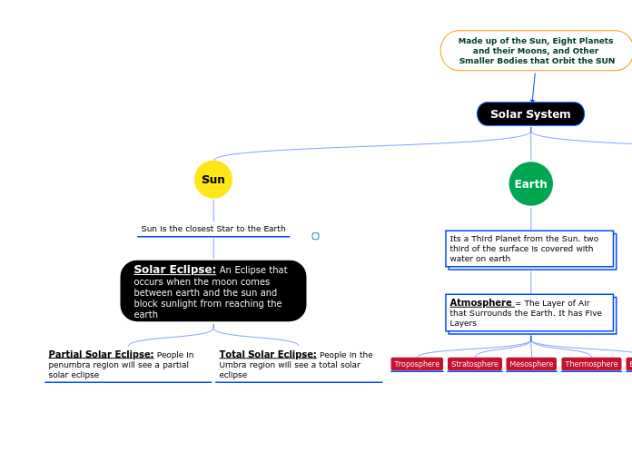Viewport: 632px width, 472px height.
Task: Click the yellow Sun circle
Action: click(x=213, y=180)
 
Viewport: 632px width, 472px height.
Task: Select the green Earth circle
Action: click(x=530, y=184)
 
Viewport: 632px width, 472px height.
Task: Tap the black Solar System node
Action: click(x=530, y=114)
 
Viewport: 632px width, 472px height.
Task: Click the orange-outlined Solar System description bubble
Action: click(x=536, y=51)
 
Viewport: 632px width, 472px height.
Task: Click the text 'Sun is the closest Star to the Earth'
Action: click(x=213, y=229)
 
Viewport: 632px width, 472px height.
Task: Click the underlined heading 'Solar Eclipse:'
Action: click(x=174, y=270)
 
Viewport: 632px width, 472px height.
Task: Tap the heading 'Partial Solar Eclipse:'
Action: click(x=101, y=354)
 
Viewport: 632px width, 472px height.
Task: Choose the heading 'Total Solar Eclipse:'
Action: click(x=268, y=354)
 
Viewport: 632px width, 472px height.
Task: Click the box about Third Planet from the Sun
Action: click(x=529, y=249)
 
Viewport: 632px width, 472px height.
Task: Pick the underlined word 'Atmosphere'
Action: click(x=480, y=302)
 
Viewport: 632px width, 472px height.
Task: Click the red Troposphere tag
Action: click(x=417, y=364)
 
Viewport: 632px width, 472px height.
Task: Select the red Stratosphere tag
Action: click(x=475, y=364)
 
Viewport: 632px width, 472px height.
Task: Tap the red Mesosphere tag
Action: click(x=531, y=364)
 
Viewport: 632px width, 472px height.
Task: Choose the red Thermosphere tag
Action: click(x=591, y=364)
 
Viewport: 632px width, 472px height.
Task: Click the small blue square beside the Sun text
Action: click(x=315, y=236)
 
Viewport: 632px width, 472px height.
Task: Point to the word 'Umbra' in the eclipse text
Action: click(x=233, y=365)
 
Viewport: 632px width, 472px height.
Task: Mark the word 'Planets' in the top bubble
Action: click(x=593, y=41)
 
